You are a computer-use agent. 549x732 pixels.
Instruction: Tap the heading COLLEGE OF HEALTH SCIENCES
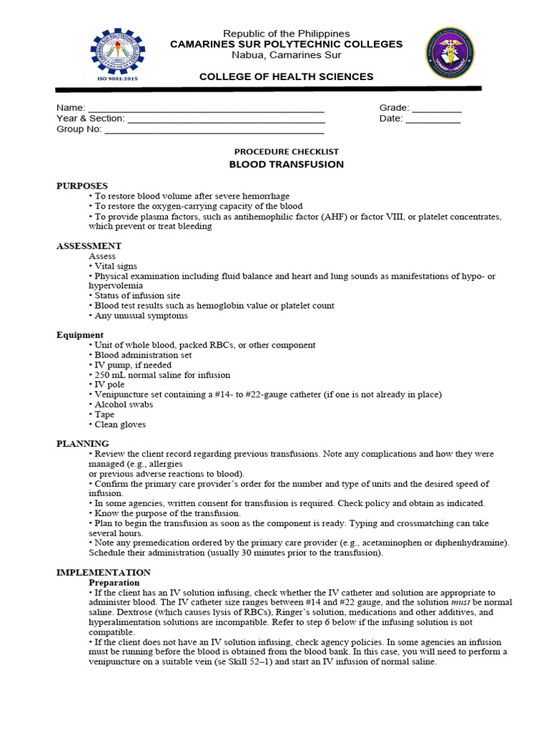[x=286, y=76]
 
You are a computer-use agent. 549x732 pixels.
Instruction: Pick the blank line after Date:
[x=433, y=122]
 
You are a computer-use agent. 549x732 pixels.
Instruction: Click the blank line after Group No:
[x=214, y=132]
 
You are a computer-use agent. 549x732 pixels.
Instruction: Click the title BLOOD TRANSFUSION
[x=286, y=164]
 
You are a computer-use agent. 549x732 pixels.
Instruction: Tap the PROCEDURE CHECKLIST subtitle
[x=286, y=152]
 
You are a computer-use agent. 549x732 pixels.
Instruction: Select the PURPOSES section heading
[x=82, y=186]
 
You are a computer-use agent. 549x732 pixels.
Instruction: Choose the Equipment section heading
[x=80, y=335]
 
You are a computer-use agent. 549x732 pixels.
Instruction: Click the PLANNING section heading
[x=83, y=443]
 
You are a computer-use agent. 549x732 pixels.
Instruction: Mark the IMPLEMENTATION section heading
[x=104, y=573]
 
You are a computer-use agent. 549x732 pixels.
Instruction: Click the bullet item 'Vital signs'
[x=115, y=265]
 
